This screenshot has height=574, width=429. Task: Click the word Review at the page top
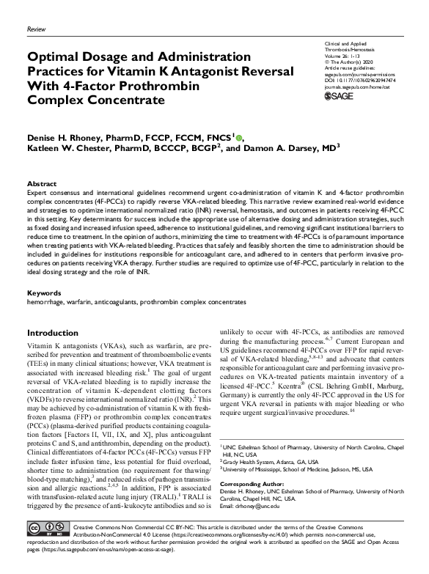pos(35,28)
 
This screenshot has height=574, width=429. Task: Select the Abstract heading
pos(40,183)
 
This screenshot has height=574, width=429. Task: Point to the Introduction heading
pos(52,332)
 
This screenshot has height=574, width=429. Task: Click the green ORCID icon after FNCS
pos(238,136)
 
